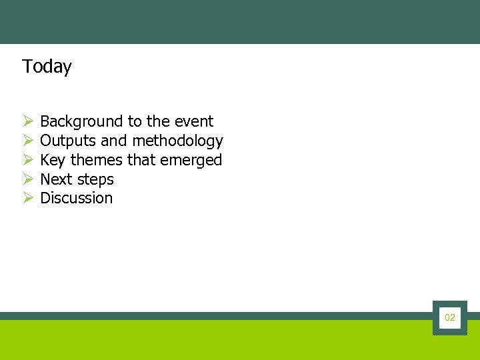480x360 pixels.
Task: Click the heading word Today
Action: (47, 67)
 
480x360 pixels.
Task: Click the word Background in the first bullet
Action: (82, 121)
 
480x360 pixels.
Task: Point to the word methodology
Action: (177, 141)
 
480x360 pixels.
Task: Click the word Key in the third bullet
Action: (53, 160)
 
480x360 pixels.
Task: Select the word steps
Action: (96, 180)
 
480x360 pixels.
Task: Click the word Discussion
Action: (77, 198)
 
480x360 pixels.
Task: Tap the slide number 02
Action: (450, 318)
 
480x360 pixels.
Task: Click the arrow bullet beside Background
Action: (28, 121)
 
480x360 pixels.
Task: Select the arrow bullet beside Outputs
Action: (28, 141)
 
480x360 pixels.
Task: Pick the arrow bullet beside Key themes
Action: (28, 160)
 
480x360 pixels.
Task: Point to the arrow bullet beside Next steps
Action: (28, 179)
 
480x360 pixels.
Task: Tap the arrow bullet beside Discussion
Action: (28, 198)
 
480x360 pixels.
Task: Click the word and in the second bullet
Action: (113, 141)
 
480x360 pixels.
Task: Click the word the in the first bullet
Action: (158, 121)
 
